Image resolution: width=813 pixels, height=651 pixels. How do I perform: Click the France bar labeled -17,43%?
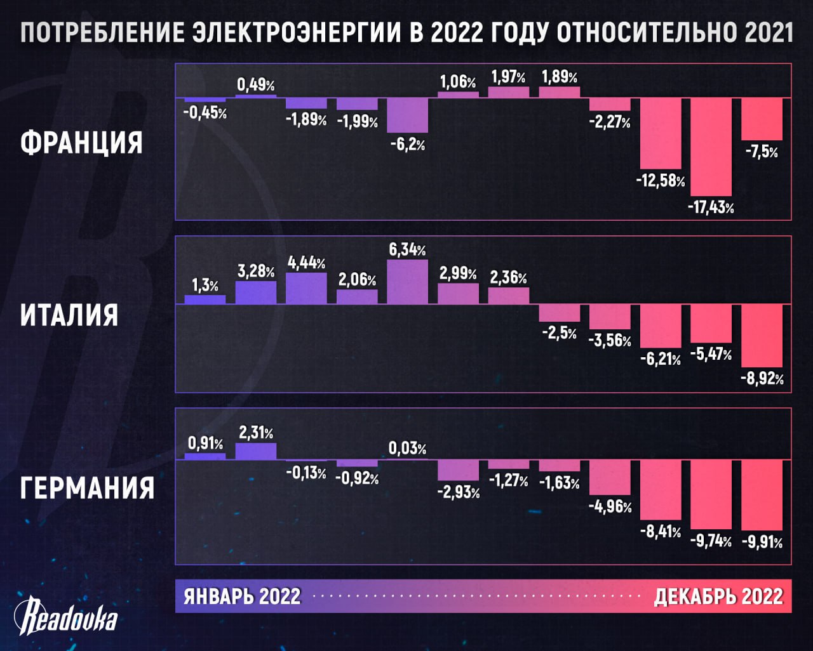click(711, 147)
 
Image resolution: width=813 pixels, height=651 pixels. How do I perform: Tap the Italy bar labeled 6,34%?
click(407, 282)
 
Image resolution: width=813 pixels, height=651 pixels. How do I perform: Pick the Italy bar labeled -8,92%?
click(762, 336)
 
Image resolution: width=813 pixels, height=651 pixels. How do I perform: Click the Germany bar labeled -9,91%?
click(762, 495)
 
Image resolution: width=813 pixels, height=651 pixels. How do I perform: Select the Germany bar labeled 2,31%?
click(256, 451)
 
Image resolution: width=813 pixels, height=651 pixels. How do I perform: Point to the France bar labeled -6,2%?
click(407, 115)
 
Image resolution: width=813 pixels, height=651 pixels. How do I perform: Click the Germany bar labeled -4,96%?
click(610, 477)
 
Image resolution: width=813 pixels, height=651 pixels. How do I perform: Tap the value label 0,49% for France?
click(256, 84)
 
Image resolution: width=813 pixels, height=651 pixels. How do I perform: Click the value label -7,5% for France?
click(762, 152)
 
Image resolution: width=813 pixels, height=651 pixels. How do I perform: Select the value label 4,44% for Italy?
click(307, 263)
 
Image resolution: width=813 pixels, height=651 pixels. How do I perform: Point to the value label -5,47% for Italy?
click(711, 354)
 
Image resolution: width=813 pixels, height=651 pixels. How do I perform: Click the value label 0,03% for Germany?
click(407, 449)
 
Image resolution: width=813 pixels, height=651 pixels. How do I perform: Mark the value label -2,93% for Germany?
click(459, 492)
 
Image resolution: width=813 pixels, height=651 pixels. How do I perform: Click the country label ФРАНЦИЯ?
click(81, 142)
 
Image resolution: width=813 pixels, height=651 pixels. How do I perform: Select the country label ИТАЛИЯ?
click(69, 315)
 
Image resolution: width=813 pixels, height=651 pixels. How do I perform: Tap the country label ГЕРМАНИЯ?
click(87, 488)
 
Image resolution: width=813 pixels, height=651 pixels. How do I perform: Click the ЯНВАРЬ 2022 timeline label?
click(242, 596)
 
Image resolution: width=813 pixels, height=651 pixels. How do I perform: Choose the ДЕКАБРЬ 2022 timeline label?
click(718, 596)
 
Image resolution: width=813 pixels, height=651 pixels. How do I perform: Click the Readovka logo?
click(66, 617)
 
